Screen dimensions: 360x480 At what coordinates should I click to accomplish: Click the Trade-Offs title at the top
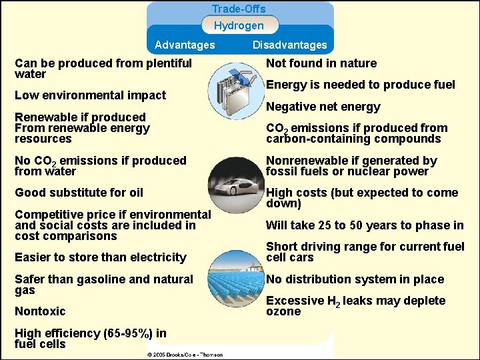(239, 9)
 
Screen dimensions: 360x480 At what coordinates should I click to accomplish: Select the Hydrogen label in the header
(239, 26)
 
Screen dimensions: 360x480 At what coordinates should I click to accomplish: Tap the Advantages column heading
(185, 45)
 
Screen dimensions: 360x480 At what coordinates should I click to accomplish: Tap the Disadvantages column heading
(289, 45)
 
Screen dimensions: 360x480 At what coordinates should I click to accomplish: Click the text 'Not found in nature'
(321, 63)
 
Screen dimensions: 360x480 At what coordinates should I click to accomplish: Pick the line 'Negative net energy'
(323, 107)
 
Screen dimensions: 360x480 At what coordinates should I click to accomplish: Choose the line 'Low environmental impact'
(90, 95)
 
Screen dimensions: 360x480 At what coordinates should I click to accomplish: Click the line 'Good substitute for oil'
(79, 193)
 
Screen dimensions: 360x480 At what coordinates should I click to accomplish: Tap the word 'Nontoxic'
(40, 311)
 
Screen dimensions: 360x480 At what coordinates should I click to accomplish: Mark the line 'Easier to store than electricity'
(100, 257)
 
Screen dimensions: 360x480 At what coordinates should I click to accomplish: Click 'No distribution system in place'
(355, 279)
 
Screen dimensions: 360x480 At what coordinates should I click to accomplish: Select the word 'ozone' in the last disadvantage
(283, 312)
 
